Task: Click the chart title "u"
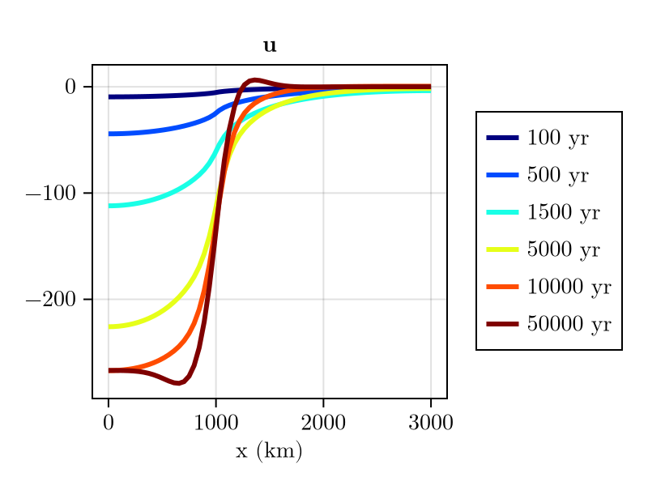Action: pyautogui.click(x=270, y=47)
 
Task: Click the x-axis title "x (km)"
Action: pyautogui.click(x=269, y=451)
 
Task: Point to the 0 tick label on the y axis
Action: pyautogui.click(x=70, y=87)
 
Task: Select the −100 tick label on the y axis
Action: pyautogui.click(x=53, y=194)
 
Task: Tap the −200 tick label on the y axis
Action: pyautogui.click(x=53, y=300)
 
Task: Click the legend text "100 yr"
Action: pyautogui.click(x=557, y=139)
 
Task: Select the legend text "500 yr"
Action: pyautogui.click(x=557, y=176)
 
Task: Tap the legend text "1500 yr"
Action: pyautogui.click(x=563, y=212)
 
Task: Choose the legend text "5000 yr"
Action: pyautogui.click(x=563, y=249)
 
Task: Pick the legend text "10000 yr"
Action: pyautogui.click(x=569, y=287)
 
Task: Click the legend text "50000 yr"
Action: pyautogui.click(x=569, y=324)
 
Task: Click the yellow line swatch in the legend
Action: pyautogui.click(x=502, y=249)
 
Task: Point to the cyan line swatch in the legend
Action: pyautogui.click(x=502, y=212)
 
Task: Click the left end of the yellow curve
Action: pyautogui.click(x=109, y=326)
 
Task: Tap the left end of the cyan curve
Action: pyautogui.click(x=109, y=206)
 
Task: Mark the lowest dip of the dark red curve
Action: pyautogui.click(x=178, y=383)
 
